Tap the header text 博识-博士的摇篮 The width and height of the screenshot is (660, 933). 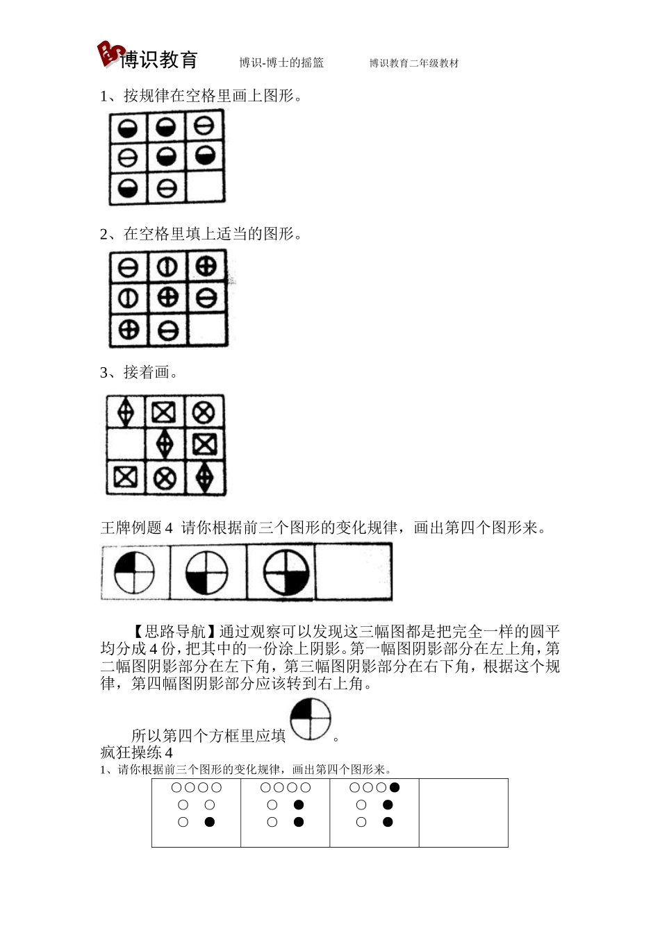coord(281,63)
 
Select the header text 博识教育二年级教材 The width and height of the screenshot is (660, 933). coord(414,63)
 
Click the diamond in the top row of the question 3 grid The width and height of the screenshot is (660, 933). coord(126,412)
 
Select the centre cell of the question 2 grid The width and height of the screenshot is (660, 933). coord(167,299)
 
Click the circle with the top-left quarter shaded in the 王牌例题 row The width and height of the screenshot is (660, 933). coord(134,573)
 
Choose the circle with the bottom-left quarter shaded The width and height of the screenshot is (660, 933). coord(207,573)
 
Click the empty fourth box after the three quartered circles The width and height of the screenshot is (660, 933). coord(354,572)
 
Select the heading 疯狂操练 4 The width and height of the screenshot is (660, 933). coord(136,753)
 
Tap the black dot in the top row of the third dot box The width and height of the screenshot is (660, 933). coord(395,788)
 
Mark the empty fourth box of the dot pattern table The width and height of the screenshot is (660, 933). coord(463,813)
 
